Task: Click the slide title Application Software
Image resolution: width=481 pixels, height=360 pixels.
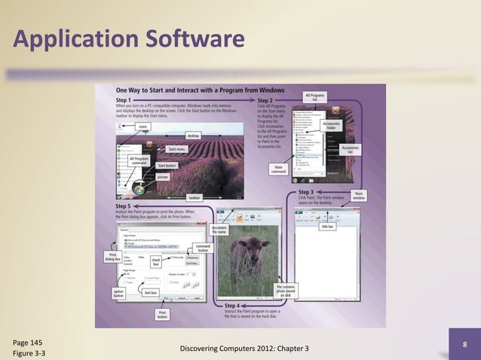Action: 129,38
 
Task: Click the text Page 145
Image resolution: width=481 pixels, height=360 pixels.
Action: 28,340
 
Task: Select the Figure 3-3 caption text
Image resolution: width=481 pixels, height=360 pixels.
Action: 29,352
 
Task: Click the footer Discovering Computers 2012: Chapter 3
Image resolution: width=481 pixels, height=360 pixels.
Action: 240,347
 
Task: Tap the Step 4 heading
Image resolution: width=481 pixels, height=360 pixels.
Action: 237,305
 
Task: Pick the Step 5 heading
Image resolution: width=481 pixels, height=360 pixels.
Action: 123,206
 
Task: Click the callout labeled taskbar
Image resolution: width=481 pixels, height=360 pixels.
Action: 194,197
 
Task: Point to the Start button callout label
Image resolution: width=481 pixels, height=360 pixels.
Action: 167,165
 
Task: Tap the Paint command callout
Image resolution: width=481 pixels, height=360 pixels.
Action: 278,169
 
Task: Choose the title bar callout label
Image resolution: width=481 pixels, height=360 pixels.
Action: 328,226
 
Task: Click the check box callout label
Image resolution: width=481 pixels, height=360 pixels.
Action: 156,262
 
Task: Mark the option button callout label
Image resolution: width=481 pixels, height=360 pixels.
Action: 118,293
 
